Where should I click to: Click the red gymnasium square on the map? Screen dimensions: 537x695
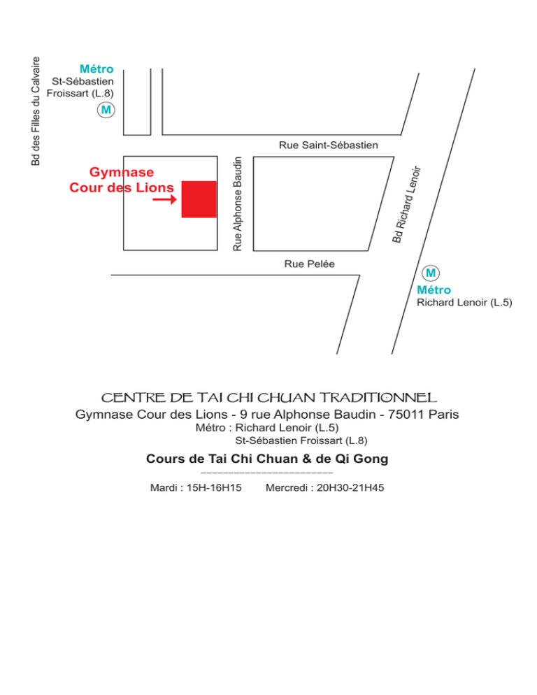pos(199,199)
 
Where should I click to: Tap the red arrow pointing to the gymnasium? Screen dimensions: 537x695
pos(164,199)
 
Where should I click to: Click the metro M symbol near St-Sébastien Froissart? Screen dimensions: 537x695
pos(106,110)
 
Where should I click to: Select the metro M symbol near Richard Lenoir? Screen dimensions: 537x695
pos(431,273)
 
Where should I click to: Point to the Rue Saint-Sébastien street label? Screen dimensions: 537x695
pos(329,145)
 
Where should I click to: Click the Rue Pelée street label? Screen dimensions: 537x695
pos(310,264)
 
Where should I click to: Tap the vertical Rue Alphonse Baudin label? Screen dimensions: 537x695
pos(238,204)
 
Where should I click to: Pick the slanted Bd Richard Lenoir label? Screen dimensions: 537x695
pos(406,204)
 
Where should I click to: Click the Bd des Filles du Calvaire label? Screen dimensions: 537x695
pos(36,111)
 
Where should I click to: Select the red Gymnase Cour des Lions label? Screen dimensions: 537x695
pos(122,180)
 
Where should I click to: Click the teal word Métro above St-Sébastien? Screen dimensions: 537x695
pos(96,69)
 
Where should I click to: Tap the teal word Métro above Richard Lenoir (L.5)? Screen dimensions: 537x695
pos(434,290)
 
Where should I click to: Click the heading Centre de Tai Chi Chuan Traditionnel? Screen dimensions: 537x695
pos(268,398)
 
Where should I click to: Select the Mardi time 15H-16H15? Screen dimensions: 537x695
pos(214,487)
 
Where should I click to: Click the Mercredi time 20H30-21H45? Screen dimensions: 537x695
pos(350,487)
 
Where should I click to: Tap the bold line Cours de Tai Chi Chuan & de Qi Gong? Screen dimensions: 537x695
pos(267,459)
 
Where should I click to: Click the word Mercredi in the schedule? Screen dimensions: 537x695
pos(287,487)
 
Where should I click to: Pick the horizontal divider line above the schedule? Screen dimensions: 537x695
pos(267,473)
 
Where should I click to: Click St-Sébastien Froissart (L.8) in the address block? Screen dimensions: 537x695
pos(301,440)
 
